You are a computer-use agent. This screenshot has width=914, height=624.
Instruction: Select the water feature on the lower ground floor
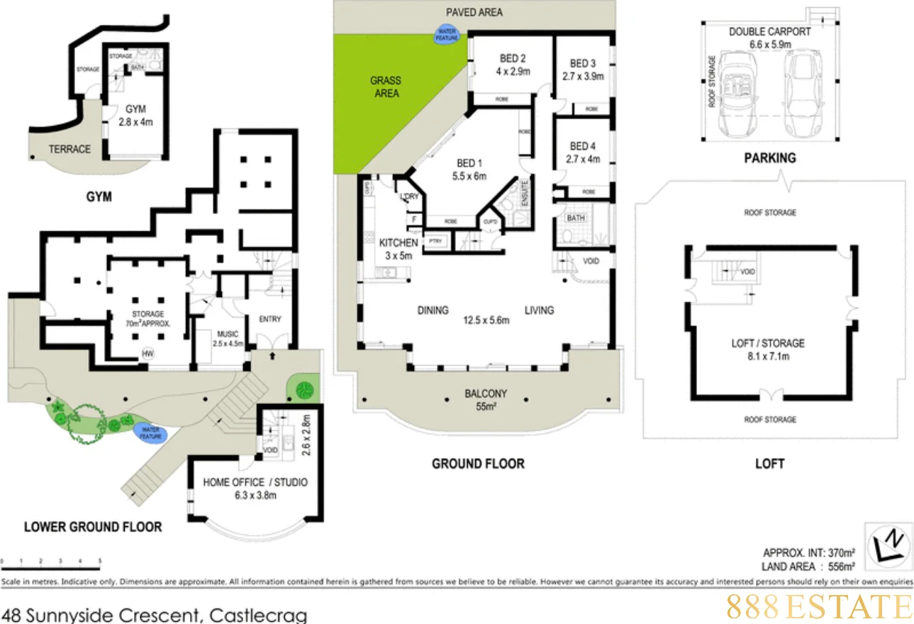[150, 433]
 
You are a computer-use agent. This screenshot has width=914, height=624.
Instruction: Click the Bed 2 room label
[512, 59]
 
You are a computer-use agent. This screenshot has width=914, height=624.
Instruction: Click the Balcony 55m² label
[486, 399]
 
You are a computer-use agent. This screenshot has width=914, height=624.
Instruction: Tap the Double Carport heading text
[770, 32]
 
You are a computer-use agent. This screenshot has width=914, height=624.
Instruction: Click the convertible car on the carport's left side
[737, 94]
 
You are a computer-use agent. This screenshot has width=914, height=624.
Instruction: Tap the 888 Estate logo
[820, 607]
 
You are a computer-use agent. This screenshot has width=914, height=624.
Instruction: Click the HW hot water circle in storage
[148, 353]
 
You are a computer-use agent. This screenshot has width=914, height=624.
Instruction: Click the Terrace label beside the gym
[69, 149]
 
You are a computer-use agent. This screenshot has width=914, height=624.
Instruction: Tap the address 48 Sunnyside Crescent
[155, 613]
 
